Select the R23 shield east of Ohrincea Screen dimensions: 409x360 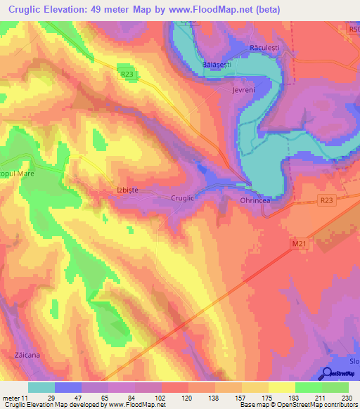tap(325, 200)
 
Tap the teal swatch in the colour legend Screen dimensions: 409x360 tap(41, 387)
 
